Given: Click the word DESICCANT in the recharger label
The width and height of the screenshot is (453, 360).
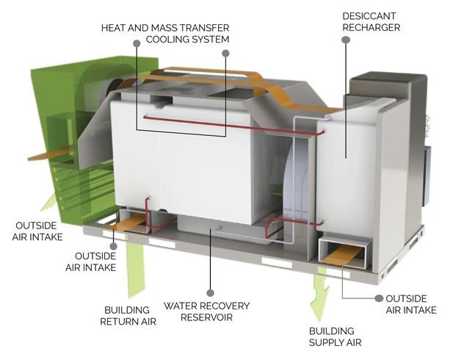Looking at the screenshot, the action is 369,16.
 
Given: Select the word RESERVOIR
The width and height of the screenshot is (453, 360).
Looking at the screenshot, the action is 206,317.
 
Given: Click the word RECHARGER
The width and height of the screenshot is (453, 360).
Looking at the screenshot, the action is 372,27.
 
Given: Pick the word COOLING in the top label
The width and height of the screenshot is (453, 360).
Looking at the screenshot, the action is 166,40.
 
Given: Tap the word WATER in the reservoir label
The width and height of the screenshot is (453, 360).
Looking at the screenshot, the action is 180,306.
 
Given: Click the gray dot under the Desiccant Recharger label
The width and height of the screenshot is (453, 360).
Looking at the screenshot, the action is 346,40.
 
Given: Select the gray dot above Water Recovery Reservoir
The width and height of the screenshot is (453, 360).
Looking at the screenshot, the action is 210,293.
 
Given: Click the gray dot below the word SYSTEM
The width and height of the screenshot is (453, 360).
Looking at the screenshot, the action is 226,53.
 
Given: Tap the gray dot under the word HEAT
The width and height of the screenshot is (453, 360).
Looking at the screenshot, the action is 137,43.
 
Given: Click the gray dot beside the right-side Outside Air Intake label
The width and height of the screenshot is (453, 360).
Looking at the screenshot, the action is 379,298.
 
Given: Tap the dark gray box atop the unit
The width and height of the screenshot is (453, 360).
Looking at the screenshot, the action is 388,84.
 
